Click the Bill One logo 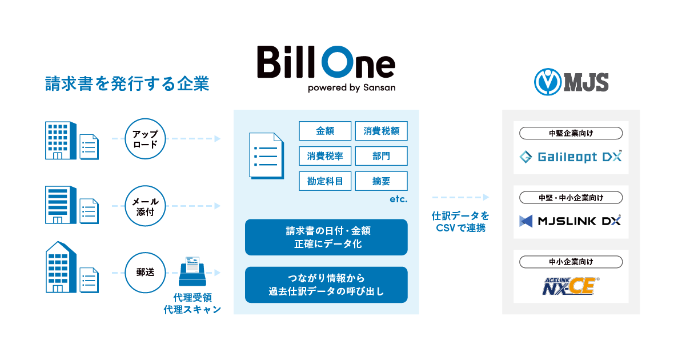click(x=326, y=67)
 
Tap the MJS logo click(x=571, y=81)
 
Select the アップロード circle click(x=145, y=138)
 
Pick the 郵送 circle click(x=145, y=273)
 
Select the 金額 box click(x=325, y=131)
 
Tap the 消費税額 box click(x=381, y=131)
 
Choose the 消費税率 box click(x=325, y=156)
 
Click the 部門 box click(x=381, y=156)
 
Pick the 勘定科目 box click(x=325, y=181)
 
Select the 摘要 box click(x=381, y=181)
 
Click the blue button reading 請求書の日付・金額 click(x=326, y=237)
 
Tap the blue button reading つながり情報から click(x=326, y=285)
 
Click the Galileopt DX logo click(x=571, y=157)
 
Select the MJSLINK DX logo click(x=571, y=221)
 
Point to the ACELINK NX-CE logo click(x=571, y=285)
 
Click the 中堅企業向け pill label click(x=571, y=134)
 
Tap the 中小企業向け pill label click(x=571, y=262)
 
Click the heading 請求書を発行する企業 click(x=127, y=84)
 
